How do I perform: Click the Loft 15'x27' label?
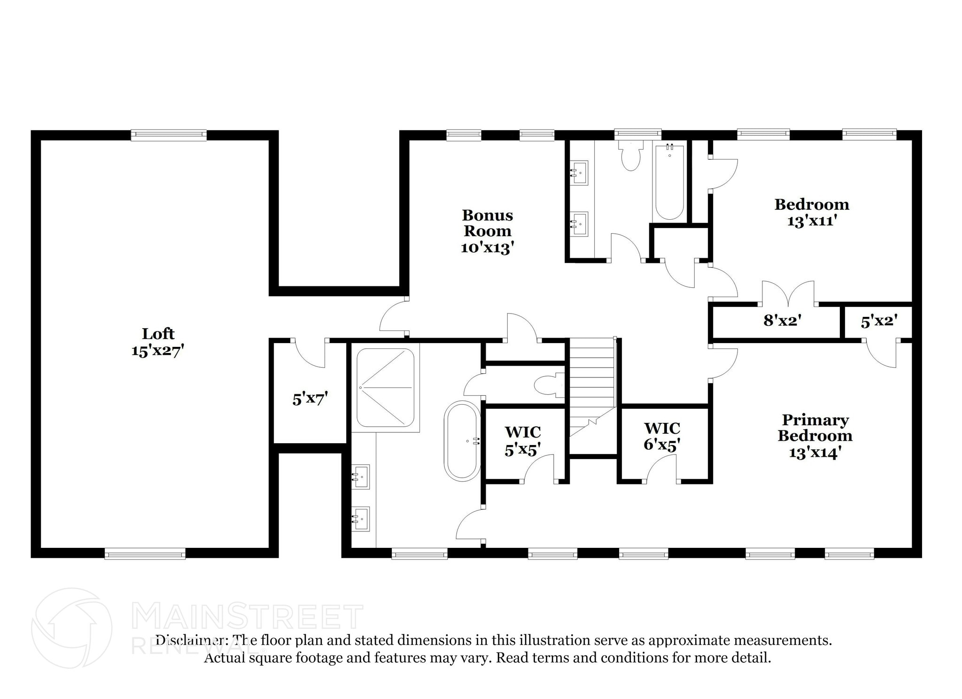[157, 342]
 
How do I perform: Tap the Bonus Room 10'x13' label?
[487, 231]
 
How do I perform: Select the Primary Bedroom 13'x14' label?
[815, 436]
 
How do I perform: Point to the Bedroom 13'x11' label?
[812, 212]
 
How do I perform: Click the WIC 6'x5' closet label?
[662, 436]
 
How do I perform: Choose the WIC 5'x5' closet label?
[522, 440]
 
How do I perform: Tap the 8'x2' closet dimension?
[782, 321]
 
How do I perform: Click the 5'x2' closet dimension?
[879, 322]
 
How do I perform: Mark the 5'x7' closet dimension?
[310, 399]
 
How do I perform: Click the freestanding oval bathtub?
[462, 441]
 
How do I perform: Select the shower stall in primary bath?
[385, 388]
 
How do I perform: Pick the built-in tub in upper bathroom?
[669, 183]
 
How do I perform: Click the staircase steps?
[592, 376]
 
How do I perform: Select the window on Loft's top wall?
[168, 135]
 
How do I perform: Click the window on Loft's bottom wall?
[145, 554]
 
